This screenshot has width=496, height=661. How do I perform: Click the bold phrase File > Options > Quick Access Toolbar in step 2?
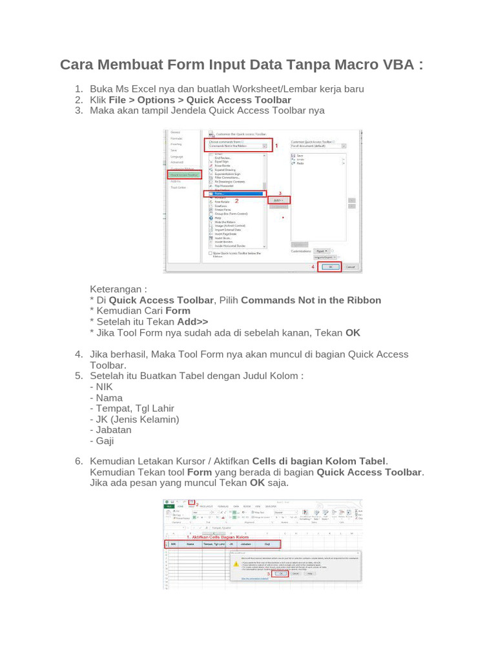200,100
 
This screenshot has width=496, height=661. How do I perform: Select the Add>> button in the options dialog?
278,201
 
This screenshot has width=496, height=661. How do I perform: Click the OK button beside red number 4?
329,267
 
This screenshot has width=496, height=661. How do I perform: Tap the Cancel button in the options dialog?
349,267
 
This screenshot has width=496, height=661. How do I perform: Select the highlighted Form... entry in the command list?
234,194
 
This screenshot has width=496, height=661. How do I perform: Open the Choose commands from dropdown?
238,146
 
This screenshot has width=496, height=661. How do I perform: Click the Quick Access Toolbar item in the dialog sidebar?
185,174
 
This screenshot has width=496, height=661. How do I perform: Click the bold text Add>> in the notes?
193,321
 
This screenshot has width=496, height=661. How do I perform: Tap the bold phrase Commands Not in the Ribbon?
311,300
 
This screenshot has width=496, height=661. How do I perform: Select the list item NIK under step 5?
103,387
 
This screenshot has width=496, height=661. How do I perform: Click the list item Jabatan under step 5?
113,429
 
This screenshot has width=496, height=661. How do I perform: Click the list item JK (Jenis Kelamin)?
137,419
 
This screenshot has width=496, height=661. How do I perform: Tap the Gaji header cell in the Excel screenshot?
267,544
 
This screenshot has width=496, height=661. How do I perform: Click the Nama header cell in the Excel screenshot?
190,544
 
